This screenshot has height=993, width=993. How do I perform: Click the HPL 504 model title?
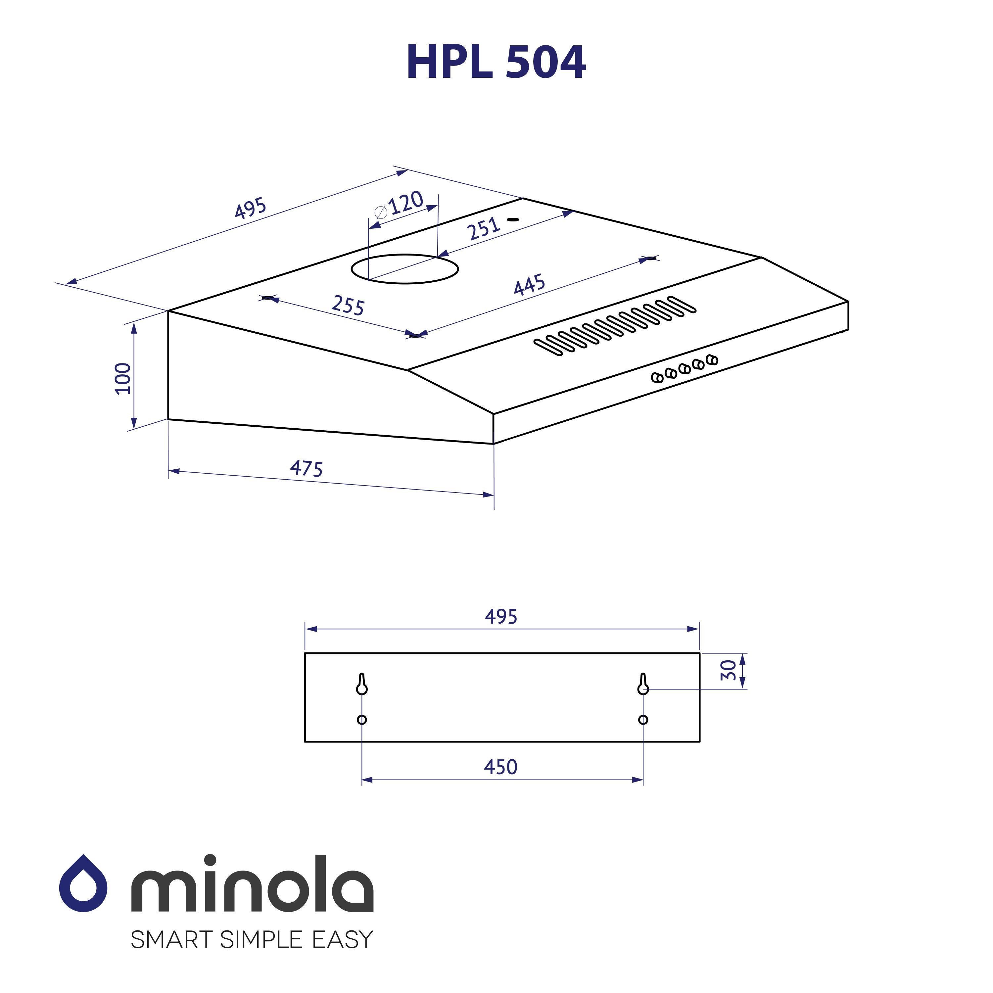point(496,63)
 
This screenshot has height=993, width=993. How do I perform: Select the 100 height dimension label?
point(123,378)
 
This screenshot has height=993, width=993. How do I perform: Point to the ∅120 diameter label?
point(400,205)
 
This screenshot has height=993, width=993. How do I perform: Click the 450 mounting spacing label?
point(500,767)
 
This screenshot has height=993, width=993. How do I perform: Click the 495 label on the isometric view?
point(250,208)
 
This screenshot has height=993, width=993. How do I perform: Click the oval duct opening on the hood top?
point(404,269)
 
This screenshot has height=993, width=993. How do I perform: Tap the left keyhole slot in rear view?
point(362,685)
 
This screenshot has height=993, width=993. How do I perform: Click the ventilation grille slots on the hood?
point(615,325)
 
